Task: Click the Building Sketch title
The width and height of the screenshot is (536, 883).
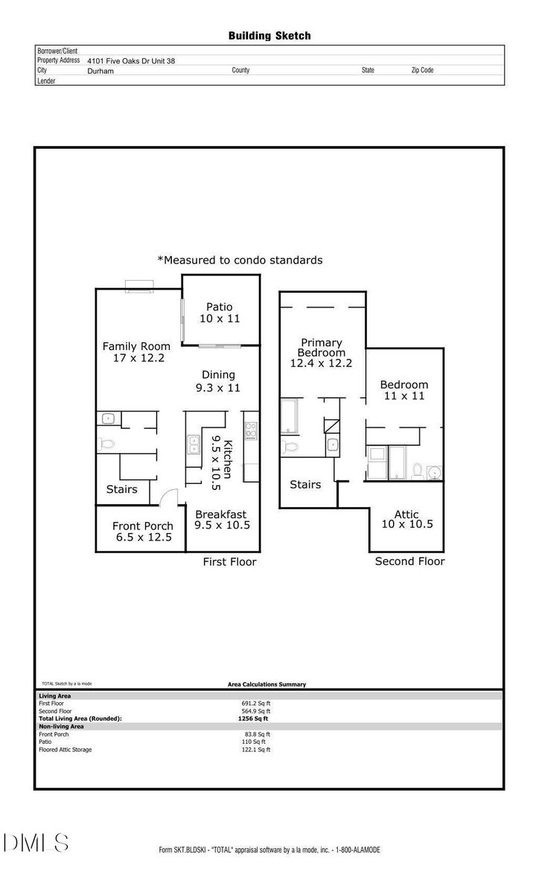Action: [x=269, y=35]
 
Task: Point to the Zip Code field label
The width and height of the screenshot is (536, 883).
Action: [x=422, y=70]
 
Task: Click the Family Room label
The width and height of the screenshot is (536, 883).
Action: [x=136, y=346]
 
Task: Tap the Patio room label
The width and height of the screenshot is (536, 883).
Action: [x=220, y=307]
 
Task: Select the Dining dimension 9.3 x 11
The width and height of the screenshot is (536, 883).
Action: [x=218, y=388]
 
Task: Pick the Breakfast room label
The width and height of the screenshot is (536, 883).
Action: [x=221, y=514]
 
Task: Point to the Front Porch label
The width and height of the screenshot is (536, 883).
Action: [x=143, y=526]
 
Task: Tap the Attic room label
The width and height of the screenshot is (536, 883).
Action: [x=406, y=514]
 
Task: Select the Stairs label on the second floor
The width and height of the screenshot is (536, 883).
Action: [x=305, y=485]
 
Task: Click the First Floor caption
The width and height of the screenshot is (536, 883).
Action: [x=229, y=562]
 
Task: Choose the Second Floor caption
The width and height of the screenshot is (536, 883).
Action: [x=409, y=561]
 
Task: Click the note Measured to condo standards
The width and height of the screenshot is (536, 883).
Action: [x=240, y=260]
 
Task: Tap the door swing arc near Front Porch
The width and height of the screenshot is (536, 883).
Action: [x=169, y=495]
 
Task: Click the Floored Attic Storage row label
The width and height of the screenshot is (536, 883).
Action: [x=66, y=750]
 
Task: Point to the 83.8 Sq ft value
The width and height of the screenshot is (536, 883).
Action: [x=258, y=734]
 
